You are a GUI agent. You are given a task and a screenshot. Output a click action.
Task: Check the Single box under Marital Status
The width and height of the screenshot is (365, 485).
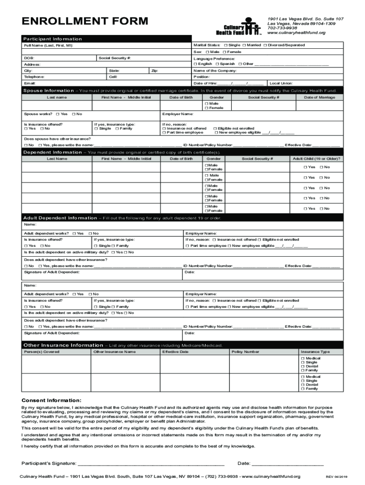click(x=226, y=45)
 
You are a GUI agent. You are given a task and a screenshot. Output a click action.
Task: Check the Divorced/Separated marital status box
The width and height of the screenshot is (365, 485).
click(x=265, y=45)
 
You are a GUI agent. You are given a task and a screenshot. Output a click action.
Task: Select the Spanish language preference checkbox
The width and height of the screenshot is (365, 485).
click(x=217, y=64)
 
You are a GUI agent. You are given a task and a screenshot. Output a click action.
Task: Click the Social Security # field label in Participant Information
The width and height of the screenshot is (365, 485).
click(x=115, y=58)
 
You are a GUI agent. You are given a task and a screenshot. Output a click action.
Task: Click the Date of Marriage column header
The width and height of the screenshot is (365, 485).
click(x=319, y=97)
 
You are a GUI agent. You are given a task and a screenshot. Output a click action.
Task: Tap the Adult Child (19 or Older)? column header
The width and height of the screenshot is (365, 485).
click(x=316, y=159)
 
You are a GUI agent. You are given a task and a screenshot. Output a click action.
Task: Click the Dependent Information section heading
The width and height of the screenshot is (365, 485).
click(x=53, y=152)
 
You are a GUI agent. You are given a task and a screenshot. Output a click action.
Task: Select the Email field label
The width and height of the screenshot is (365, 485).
click(x=29, y=83)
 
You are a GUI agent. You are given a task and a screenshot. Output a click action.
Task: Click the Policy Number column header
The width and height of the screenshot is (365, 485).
click(x=245, y=352)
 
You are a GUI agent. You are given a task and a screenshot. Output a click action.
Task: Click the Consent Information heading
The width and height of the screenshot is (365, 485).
click(x=51, y=400)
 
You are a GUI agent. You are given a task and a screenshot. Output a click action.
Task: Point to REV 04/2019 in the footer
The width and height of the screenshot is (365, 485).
click(x=336, y=477)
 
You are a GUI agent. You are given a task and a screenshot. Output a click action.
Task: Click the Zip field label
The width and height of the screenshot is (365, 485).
click(x=154, y=71)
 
